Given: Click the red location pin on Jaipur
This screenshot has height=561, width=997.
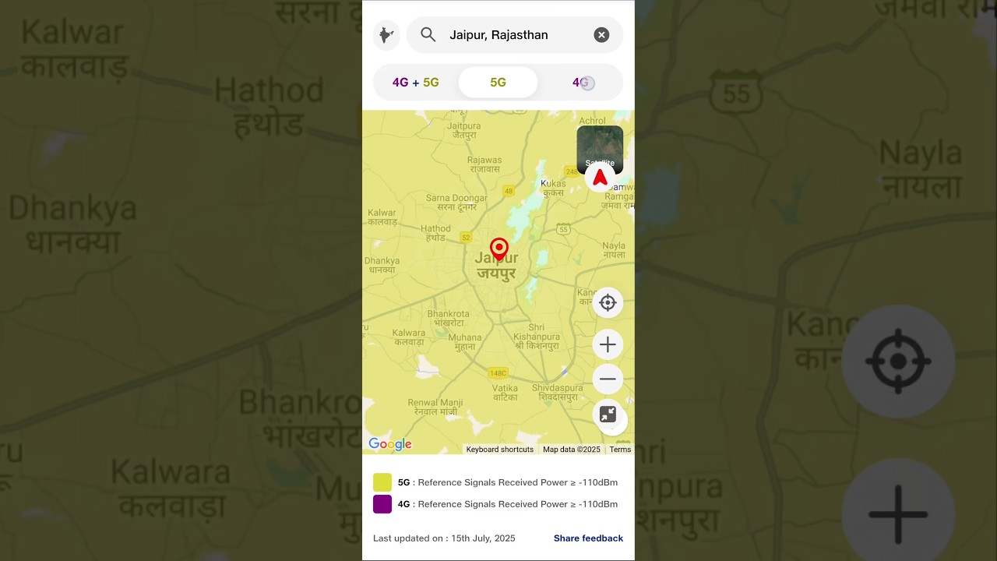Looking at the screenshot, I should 499,249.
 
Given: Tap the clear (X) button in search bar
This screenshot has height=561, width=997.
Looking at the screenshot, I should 601,35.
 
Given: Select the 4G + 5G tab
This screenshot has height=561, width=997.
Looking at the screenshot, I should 416,83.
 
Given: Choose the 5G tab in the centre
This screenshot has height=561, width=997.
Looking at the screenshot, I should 498,83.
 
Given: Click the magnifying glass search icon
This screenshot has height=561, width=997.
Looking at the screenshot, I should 428,35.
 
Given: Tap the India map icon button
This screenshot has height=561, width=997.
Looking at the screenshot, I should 386,35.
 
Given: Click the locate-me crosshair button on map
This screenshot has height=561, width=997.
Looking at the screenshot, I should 608,303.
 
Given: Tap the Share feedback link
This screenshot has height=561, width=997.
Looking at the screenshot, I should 588,538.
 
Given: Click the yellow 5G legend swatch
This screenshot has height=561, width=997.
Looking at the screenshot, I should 382,482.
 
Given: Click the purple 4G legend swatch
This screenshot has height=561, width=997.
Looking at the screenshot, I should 382,504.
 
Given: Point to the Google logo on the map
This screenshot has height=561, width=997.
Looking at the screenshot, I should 390,444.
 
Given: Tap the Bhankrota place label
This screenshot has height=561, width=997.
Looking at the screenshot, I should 448,318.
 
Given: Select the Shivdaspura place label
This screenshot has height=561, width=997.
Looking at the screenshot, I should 558,392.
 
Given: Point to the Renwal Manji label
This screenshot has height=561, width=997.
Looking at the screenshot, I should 435,407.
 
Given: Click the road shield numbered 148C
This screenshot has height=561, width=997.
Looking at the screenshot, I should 498,373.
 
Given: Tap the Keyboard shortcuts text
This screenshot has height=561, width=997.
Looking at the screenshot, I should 499,450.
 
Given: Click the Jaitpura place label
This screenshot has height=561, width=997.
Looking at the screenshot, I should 464,129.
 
